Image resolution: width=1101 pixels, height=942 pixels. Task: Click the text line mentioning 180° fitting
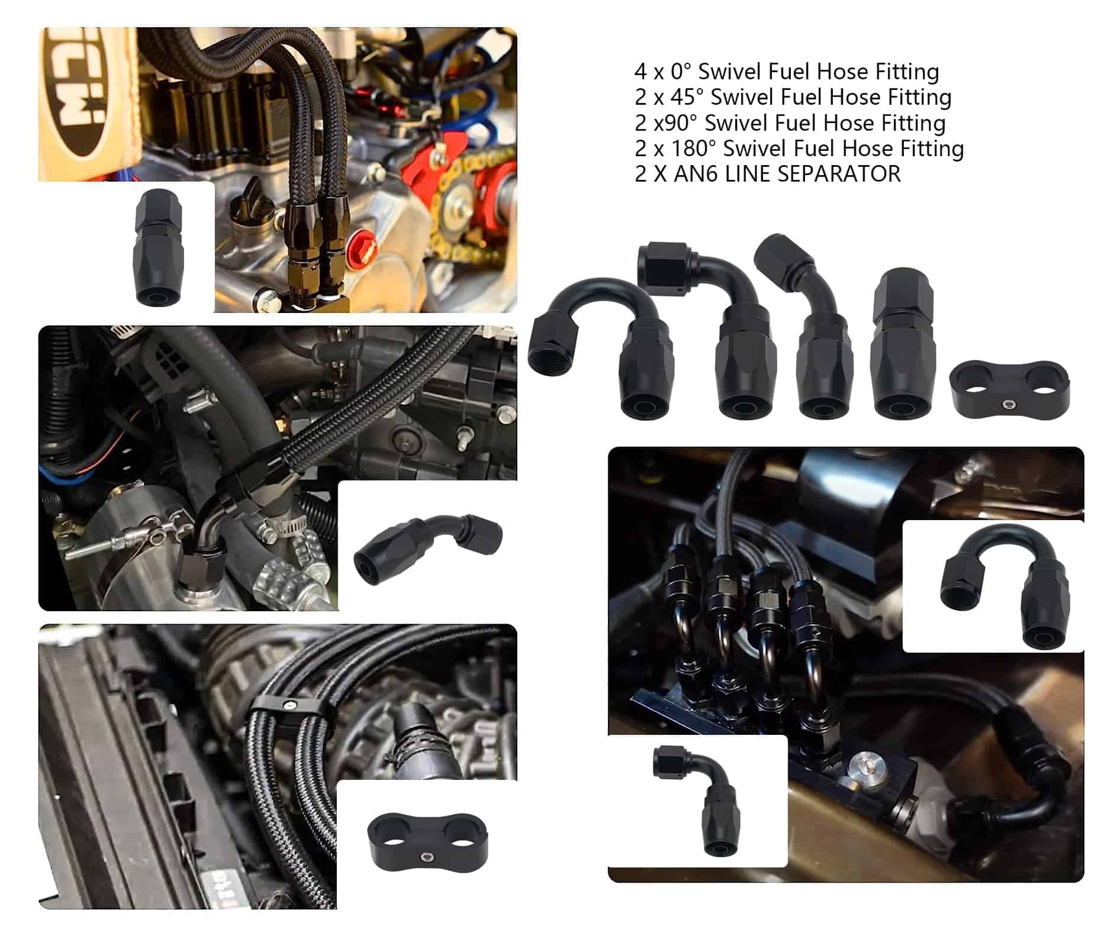click(x=799, y=148)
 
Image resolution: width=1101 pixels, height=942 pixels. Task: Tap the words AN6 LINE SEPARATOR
click(x=787, y=174)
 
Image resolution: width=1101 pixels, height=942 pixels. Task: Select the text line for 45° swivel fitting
click(x=793, y=97)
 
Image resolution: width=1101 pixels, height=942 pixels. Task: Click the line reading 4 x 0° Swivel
click(x=787, y=72)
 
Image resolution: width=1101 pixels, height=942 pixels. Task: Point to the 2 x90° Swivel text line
click(x=790, y=122)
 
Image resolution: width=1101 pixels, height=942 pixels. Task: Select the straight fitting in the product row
click(x=903, y=343)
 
